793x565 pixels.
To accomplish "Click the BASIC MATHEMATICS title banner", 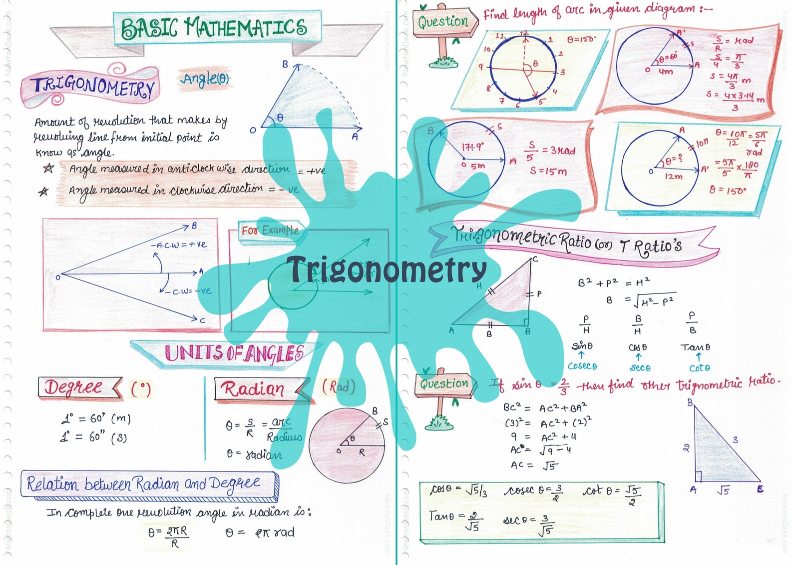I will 215,28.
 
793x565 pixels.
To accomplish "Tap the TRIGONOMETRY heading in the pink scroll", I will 93,86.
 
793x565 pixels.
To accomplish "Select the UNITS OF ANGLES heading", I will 234,353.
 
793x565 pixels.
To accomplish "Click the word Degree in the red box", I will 74,387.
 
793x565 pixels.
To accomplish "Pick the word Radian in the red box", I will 253,389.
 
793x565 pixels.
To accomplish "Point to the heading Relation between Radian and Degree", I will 144,484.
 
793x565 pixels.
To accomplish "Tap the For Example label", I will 270,230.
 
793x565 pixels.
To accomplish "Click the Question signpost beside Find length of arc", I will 443,22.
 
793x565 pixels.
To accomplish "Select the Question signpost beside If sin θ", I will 444,384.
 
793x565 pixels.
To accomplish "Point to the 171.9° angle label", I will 472,147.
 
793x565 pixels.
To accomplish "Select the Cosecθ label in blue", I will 582,366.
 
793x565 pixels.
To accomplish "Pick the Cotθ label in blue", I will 699,368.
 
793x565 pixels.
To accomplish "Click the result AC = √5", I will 533,465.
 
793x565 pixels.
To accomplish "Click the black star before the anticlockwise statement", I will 48,168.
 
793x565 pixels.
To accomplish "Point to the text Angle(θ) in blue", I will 205,78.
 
